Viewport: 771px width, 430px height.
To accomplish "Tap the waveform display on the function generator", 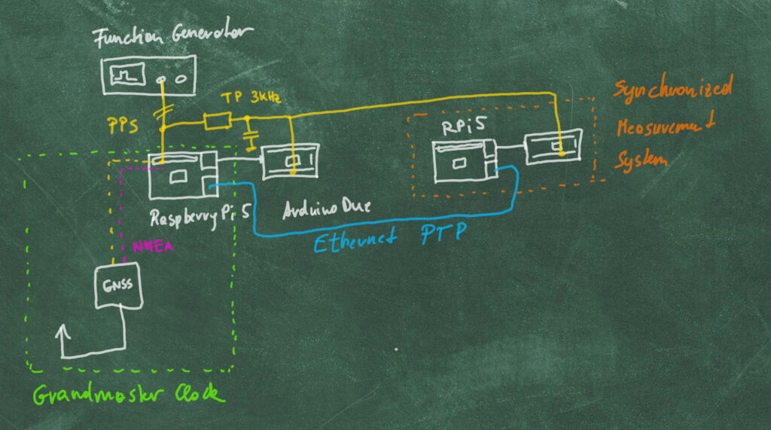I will tap(127, 76).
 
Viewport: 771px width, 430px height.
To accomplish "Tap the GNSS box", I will tap(118, 287).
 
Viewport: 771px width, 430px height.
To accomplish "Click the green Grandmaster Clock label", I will tap(128, 395).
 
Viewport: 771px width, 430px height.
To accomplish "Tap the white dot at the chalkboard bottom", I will tap(397, 349).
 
